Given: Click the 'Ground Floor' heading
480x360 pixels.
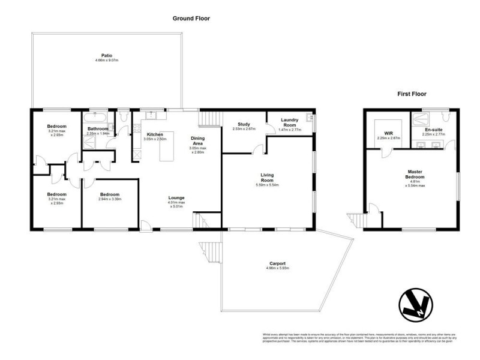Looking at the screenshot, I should (191, 19).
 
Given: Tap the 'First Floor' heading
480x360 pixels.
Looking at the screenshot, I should (412, 94).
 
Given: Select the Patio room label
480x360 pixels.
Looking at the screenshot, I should (107, 56).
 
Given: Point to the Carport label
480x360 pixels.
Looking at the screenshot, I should (277, 263).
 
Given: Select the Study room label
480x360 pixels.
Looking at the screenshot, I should (244, 124).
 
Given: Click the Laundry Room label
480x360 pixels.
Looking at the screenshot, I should (290, 122).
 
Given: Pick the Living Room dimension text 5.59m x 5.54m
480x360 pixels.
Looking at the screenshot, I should (267, 185).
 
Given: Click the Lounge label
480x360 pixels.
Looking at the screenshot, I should (176, 197).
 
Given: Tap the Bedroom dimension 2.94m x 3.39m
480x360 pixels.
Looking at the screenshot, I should (109, 200).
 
